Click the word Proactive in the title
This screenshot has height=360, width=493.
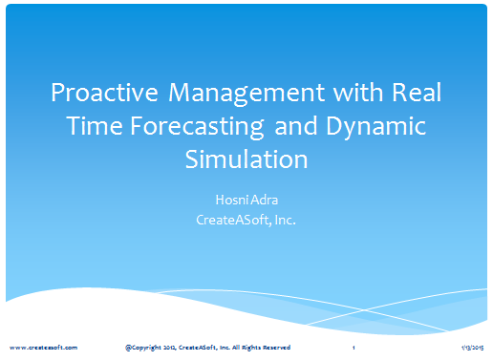point(104,93)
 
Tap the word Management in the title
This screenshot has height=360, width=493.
point(246,94)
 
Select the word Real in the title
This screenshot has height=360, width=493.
point(417,93)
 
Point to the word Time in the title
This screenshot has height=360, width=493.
point(95,126)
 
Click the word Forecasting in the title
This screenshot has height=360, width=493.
point(197,127)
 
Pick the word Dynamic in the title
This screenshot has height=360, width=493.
point(375,127)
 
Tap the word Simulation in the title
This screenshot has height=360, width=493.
point(246,159)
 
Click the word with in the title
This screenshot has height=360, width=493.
point(358,93)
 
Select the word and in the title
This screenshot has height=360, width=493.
point(296,126)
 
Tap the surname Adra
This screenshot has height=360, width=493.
point(265,200)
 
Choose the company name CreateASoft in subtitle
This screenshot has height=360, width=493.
point(233,220)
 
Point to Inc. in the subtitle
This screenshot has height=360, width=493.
point(286,220)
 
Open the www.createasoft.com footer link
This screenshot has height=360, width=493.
point(44,348)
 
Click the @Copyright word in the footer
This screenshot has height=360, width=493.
point(143,348)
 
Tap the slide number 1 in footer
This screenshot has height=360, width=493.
point(354,348)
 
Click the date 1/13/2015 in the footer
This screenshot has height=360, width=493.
point(473,348)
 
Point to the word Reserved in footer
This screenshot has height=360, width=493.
point(276,348)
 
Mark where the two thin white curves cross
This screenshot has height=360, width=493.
point(365,309)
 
